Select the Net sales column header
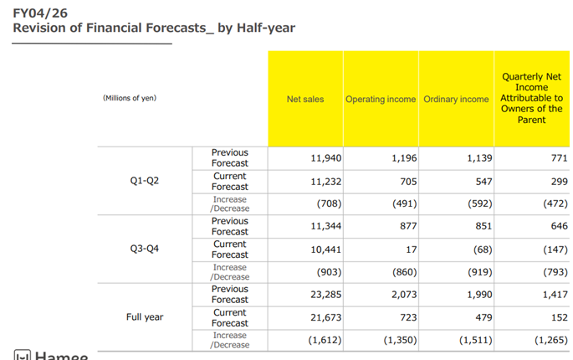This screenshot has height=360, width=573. [305, 99]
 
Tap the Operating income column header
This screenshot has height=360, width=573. [381, 99]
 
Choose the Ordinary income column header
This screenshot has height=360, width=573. [456, 99]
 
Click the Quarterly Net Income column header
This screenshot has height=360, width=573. [531, 98]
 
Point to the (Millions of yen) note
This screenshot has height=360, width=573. [130, 98]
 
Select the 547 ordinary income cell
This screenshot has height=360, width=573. [481, 181]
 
